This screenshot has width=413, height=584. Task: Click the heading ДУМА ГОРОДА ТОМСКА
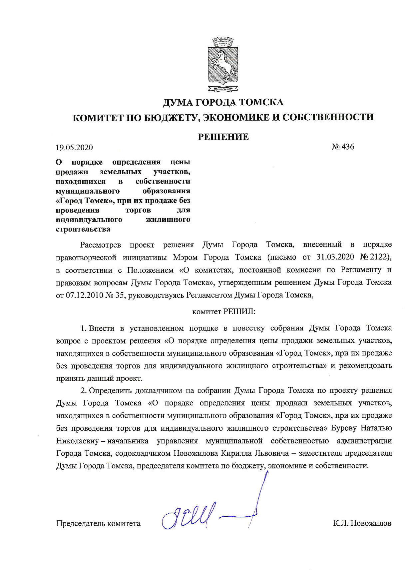tap(223, 102)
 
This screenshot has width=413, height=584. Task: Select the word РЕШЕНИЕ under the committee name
tap(223, 137)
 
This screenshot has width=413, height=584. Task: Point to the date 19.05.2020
tap(74, 147)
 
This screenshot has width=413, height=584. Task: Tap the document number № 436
tap(342, 147)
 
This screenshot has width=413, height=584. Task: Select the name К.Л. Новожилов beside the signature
tap(362, 523)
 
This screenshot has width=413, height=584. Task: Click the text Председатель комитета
tap(98, 523)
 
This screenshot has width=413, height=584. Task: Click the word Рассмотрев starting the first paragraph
tap(101, 245)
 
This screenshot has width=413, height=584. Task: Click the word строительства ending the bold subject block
tap(83, 229)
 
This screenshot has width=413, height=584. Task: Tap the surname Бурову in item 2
tap(344, 428)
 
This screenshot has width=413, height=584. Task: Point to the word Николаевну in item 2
tap(77, 441)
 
